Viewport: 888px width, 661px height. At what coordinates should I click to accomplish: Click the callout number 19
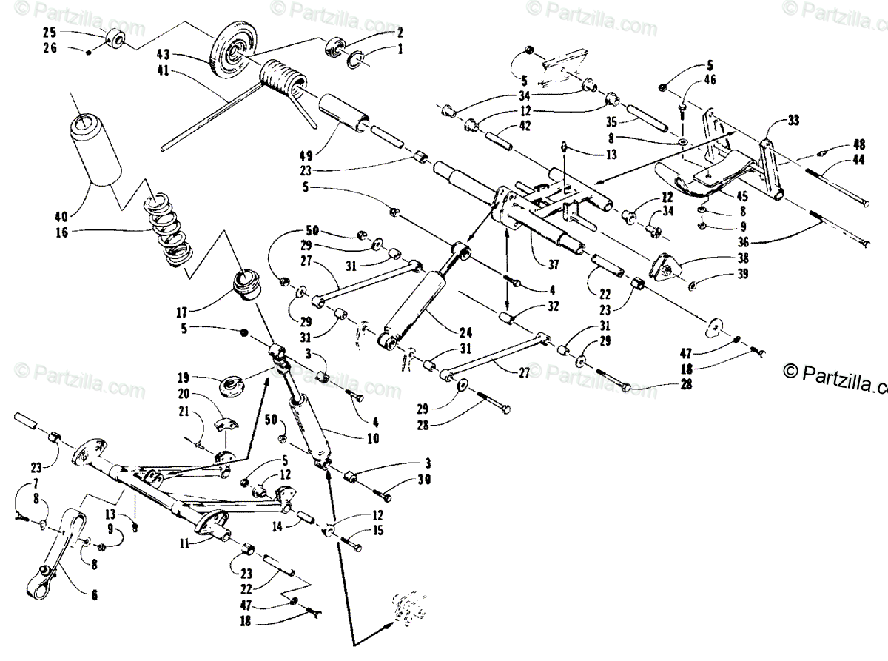click(x=183, y=378)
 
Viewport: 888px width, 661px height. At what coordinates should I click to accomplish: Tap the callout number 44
click(x=858, y=159)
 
